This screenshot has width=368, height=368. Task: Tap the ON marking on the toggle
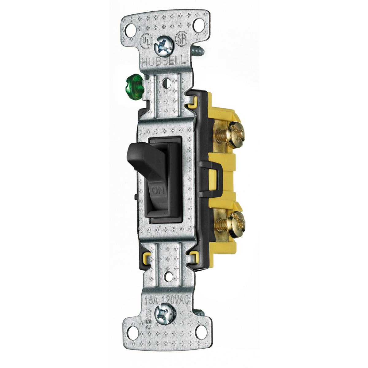point(159,191)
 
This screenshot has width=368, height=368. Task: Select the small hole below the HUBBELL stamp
point(167,82)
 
